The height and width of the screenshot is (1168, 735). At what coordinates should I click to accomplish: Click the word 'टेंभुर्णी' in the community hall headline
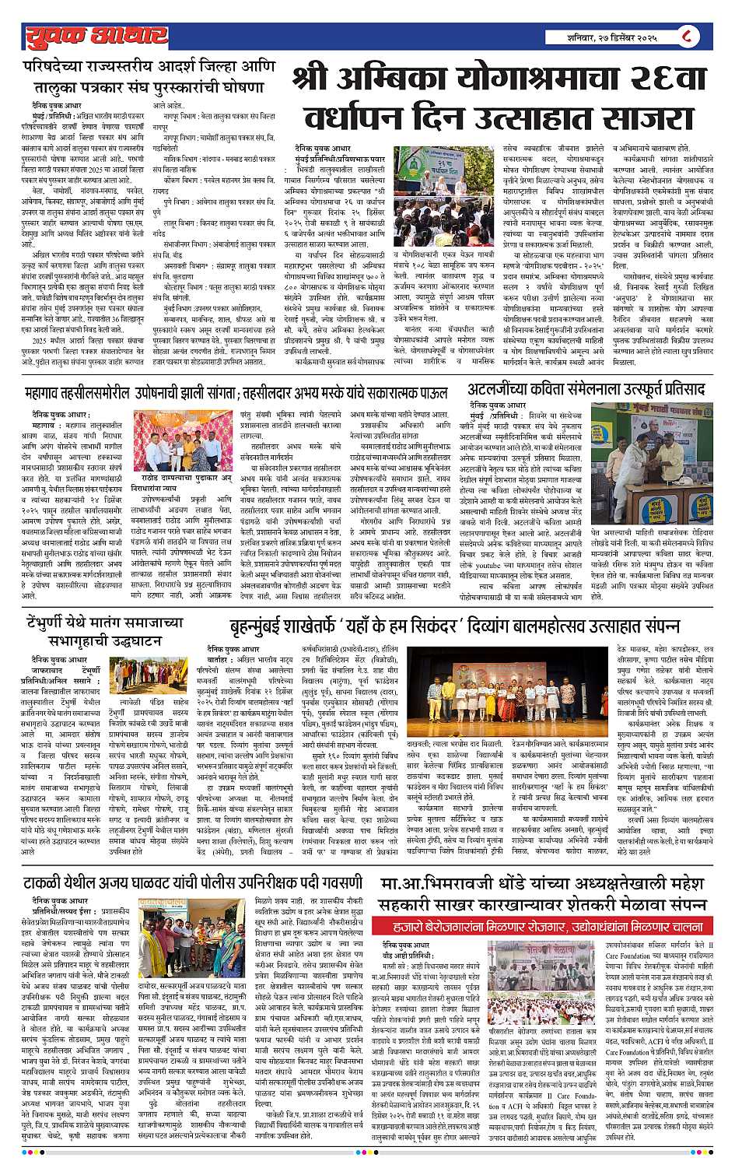(x=53, y=623)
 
